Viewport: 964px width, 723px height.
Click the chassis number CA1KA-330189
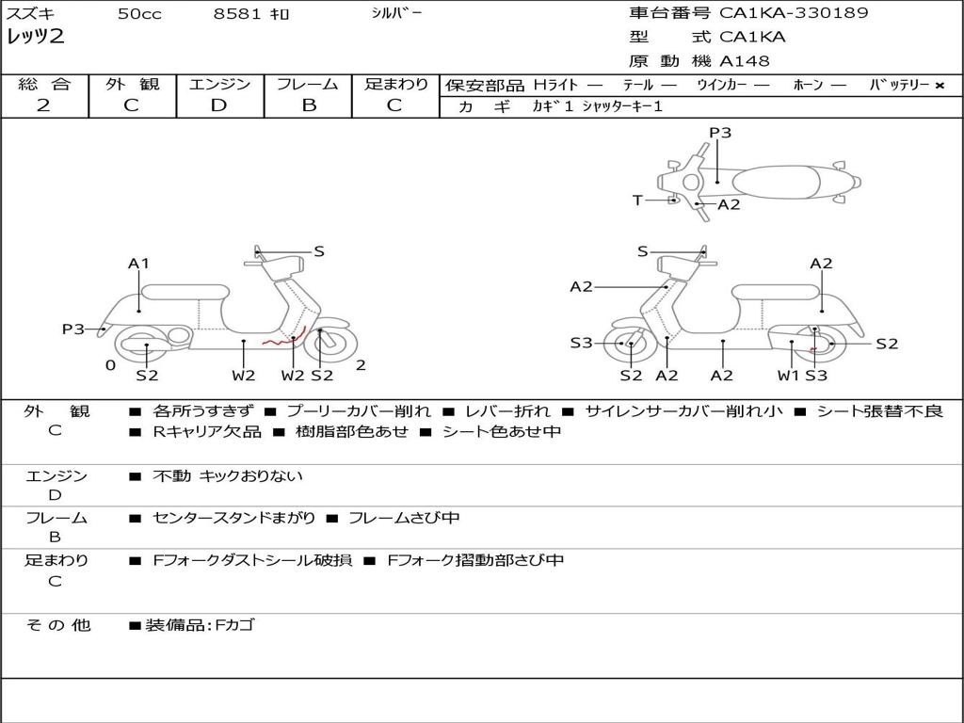point(794,13)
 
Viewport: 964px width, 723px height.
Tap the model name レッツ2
point(36,38)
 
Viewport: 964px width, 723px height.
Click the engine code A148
point(745,61)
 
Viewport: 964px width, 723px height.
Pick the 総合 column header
point(44,84)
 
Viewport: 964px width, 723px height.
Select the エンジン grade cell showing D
point(219,105)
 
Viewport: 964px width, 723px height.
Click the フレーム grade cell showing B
point(308,105)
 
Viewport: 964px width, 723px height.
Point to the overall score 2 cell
point(43,105)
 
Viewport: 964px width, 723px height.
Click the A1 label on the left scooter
point(138,264)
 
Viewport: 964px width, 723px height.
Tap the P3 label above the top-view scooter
point(720,133)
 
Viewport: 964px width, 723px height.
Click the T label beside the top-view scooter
point(637,201)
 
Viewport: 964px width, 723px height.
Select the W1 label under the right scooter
point(788,376)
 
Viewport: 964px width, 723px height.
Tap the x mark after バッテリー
point(940,85)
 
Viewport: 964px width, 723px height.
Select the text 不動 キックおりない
point(228,476)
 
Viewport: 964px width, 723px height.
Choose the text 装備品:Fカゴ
point(199,625)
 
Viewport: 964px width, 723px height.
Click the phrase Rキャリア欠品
point(207,432)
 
